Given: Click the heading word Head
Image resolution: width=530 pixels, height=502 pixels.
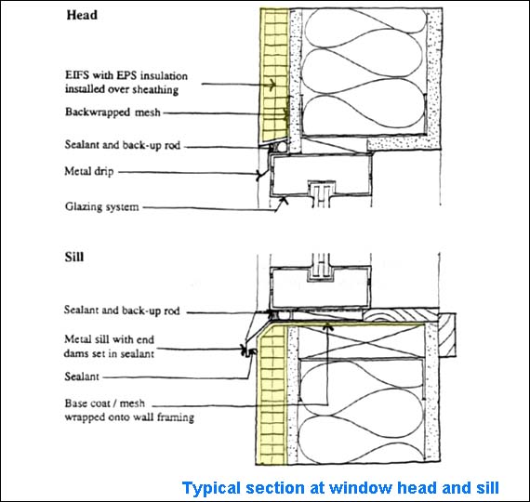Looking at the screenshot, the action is point(82,15).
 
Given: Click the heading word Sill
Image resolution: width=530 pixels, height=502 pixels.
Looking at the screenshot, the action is point(74,257).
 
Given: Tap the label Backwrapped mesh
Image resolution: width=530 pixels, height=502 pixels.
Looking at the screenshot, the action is point(113,112).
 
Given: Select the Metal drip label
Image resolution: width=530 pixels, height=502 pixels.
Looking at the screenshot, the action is point(89,171).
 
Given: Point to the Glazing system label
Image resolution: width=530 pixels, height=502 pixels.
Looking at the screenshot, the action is point(101,206).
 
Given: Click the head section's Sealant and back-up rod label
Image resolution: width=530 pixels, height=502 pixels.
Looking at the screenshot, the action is point(123,145).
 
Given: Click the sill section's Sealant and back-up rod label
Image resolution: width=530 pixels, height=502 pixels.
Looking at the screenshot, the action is point(122,310).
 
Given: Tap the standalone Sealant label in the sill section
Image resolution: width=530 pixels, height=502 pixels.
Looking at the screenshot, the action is point(82,376).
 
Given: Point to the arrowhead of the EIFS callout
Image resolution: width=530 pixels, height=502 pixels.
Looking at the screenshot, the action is point(272,85).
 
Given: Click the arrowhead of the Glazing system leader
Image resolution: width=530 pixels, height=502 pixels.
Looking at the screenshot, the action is point(285,201).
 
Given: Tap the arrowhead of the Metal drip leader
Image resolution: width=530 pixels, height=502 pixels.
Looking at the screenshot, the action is point(260,175).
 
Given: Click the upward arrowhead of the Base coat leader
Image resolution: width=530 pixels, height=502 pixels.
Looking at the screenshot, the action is point(327,326).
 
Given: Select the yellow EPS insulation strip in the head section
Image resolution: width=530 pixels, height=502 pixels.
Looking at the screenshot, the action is point(274,76).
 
